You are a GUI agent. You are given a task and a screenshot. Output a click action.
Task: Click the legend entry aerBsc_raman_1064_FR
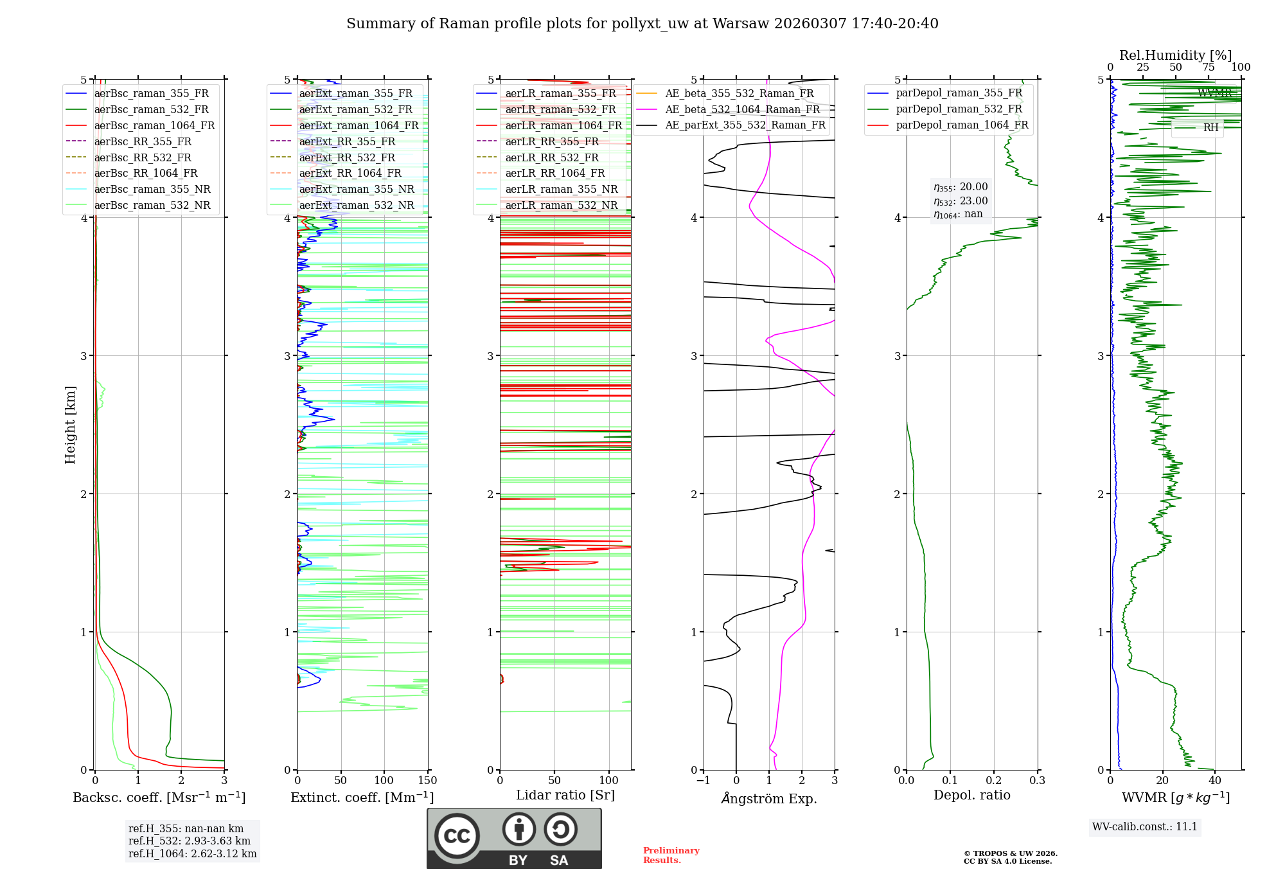click(154, 126)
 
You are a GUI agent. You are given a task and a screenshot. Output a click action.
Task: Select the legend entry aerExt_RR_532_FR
click(347, 157)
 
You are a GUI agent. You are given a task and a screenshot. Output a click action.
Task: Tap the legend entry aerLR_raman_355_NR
click(561, 189)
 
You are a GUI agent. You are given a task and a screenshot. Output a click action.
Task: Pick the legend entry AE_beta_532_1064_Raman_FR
click(742, 109)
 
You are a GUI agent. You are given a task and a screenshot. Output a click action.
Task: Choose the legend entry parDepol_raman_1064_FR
click(962, 125)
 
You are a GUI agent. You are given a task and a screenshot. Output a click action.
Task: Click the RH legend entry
click(1210, 128)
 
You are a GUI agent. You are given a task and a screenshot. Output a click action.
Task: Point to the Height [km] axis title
click(70, 425)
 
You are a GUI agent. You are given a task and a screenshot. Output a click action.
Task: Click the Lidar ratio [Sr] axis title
click(565, 795)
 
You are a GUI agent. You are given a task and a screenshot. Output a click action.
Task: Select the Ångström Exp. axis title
click(769, 798)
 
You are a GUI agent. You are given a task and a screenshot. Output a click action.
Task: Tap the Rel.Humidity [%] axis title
click(1176, 55)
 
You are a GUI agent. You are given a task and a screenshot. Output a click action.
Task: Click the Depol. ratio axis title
click(972, 795)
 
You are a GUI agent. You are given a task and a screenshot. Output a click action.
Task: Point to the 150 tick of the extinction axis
click(427, 781)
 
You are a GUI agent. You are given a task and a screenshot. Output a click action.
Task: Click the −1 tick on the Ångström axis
click(703, 781)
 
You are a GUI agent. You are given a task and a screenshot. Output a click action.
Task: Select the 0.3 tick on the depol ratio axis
click(1037, 781)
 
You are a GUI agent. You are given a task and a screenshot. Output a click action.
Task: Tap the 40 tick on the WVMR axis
click(1215, 781)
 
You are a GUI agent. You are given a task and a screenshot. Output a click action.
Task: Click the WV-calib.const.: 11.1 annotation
click(1145, 826)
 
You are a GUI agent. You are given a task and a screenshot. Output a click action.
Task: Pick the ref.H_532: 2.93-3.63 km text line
click(190, 841)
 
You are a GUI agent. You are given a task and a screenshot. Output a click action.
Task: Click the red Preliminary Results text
click(671, 855)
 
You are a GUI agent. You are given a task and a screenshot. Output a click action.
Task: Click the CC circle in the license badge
click(457, 836)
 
